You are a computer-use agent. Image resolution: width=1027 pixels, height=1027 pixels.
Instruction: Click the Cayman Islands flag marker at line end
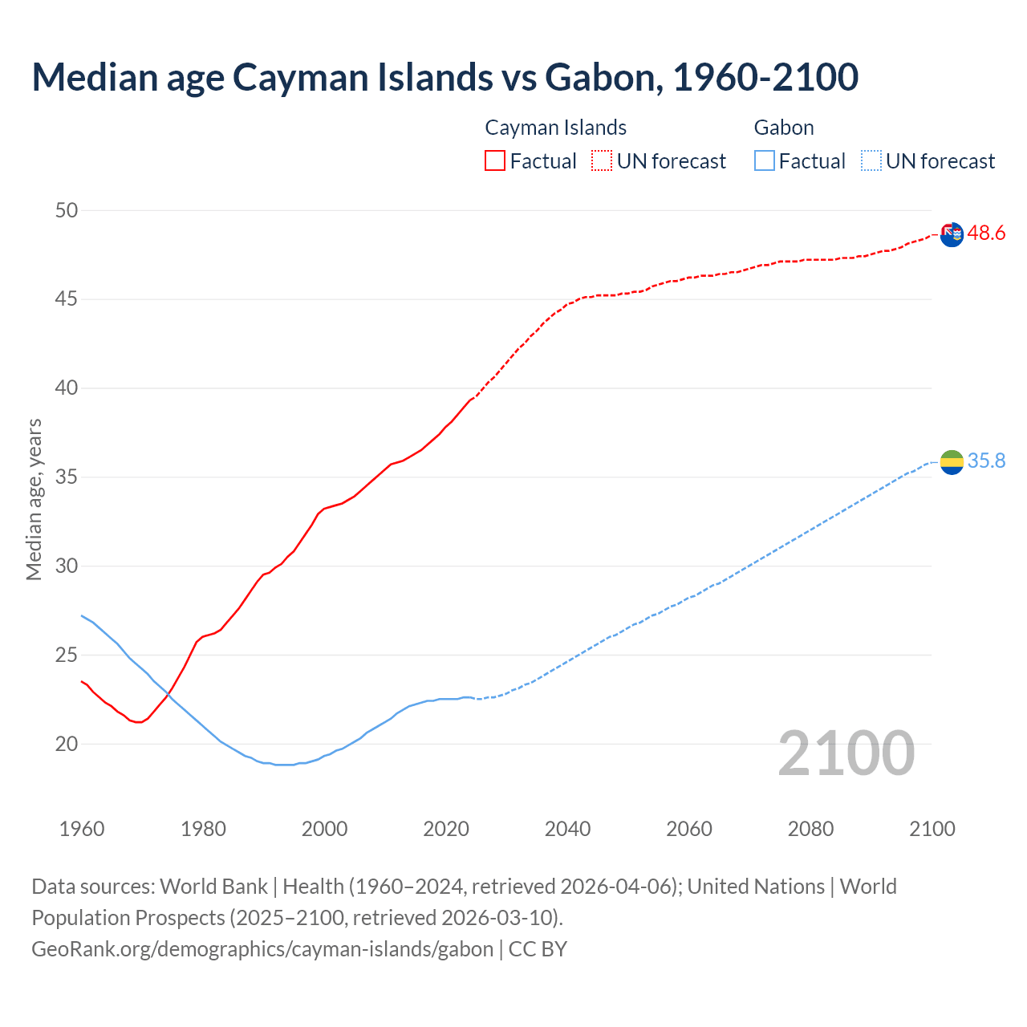(952, 234)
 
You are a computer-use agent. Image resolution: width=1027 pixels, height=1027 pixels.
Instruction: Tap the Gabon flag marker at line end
(952, 461)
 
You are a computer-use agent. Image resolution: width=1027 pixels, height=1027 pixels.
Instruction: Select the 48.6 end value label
(986, 233)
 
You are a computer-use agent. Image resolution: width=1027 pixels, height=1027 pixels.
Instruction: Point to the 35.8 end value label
(986, 461)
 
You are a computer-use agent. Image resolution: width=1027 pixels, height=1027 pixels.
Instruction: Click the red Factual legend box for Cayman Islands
(495, 160)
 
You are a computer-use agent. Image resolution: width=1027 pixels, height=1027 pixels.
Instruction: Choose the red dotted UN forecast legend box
(602, 160)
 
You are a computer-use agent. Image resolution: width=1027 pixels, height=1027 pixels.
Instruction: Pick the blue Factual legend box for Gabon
(764, 160)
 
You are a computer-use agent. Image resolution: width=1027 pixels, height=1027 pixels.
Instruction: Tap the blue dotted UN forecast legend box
(871, 160)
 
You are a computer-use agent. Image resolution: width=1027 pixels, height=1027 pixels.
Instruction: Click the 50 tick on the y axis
(67, 210)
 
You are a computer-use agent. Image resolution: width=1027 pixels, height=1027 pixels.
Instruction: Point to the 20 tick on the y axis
(67, 744)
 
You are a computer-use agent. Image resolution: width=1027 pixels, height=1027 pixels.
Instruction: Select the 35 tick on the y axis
(67, 477)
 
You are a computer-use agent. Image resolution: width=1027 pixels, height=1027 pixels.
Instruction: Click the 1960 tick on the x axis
(82, 829)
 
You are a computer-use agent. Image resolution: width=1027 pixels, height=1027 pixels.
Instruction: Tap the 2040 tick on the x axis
(567, 829)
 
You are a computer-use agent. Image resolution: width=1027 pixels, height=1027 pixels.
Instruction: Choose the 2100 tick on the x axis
(932, 829)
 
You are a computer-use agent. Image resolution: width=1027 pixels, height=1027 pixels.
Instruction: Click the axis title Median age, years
(34, 499)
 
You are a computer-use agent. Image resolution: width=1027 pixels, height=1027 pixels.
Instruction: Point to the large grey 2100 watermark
(846, 753)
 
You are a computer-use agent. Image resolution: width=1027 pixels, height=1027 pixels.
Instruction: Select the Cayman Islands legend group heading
(555, 128)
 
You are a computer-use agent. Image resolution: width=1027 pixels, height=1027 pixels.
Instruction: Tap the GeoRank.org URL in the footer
(262, 948)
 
